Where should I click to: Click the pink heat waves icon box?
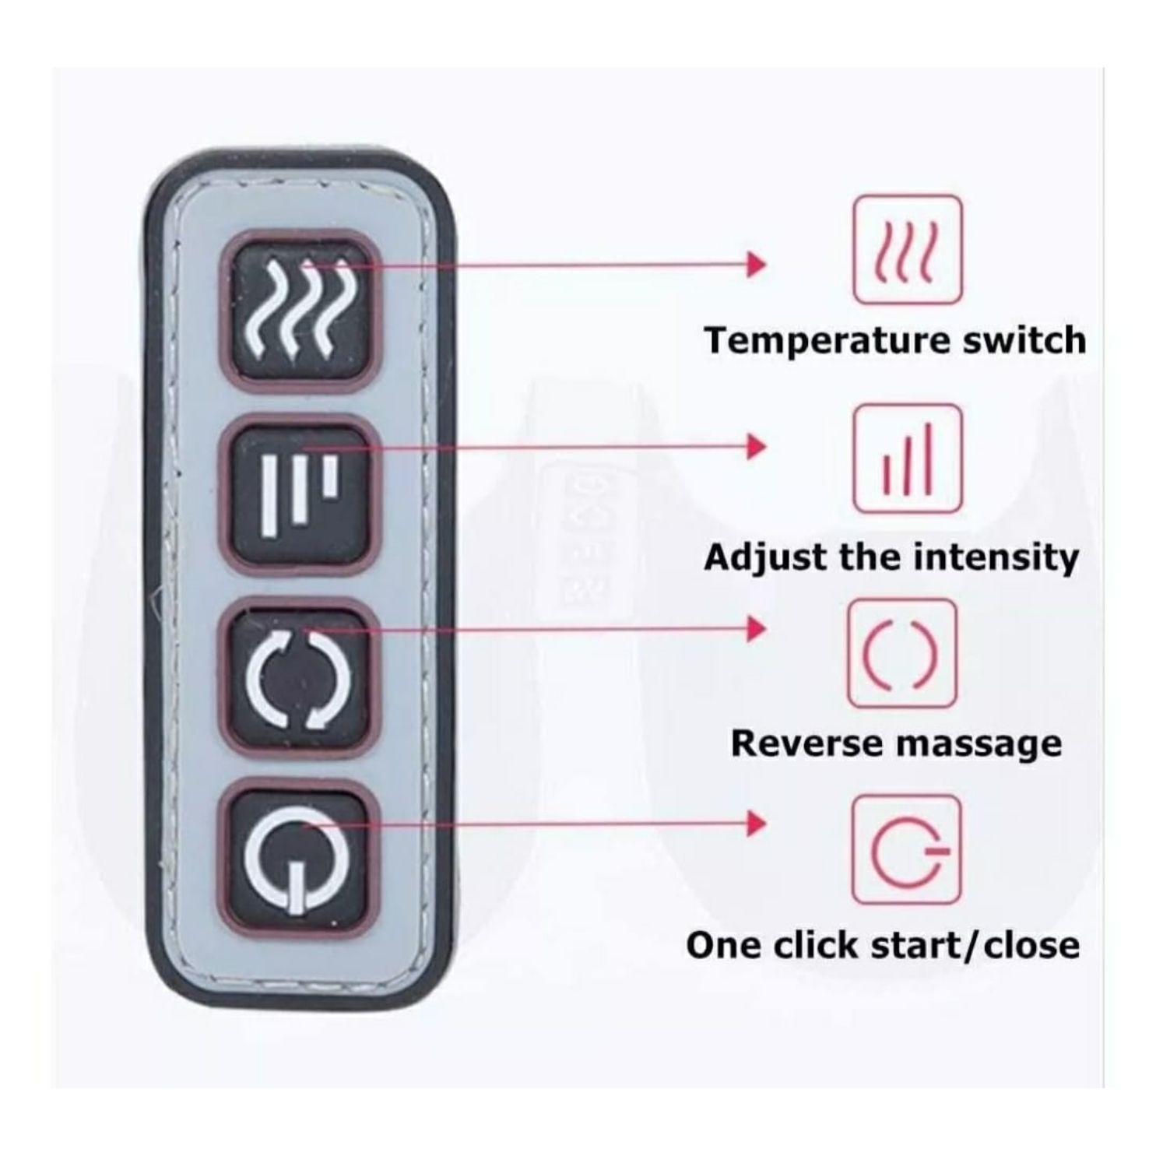tap(907, 250)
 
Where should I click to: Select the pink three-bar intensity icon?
tap(907, 459)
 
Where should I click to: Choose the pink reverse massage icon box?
tap(901, 653)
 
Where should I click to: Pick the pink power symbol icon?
tap(906, 849)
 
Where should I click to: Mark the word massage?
tap(977, 744)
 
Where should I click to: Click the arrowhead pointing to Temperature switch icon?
tap(755, 265)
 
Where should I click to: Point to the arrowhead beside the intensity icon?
tap(755, 447)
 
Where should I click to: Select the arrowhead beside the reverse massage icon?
tap(755, 628)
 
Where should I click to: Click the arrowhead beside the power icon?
tap(755, 823)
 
